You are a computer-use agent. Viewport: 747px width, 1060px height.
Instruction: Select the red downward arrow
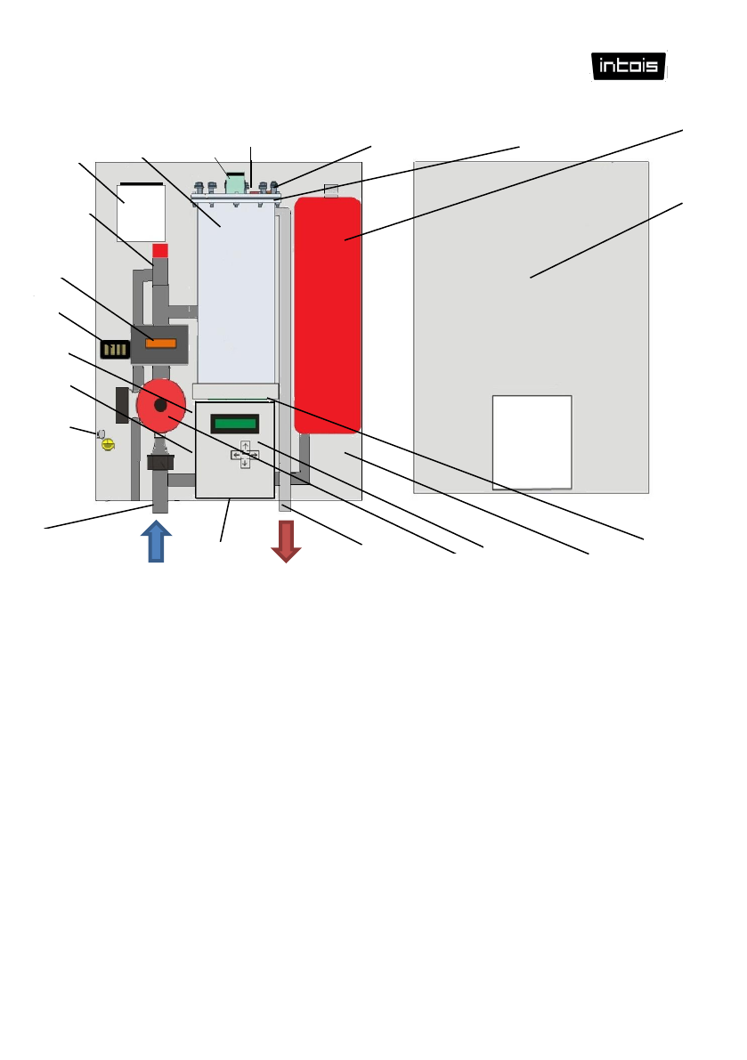pyautogui.click(x=286, y=541)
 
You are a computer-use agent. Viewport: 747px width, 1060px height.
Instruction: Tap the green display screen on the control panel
pyautogui.click(x=240, y=424)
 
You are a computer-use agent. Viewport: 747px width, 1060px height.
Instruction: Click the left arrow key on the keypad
pyautogui.click(x=236, y=455)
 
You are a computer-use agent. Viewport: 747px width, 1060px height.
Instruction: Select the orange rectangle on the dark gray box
pyautogui.click(x=160, y=340)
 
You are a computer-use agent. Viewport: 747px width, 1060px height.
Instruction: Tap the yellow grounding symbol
pyautogui.click(x=109, y=443)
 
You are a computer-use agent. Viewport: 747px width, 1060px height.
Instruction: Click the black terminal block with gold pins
pyautogui.click(x=115, y=349)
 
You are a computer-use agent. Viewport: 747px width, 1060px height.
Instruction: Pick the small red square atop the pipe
pyautogui.click(x=160, y=250)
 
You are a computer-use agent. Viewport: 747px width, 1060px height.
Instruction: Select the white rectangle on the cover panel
pyautogui.click(x=532, y=441)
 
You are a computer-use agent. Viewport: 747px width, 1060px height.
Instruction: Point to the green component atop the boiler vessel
pyautogui.click(x=237, y=184)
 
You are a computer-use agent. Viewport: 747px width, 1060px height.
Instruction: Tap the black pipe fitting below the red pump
pyautogui.click(x=159, y=463)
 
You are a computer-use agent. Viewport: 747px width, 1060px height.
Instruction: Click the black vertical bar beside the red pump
pyautogui.click(x=122, y=405)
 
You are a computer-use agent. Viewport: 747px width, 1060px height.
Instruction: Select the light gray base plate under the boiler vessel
pyautogui.click(x=236, y=391)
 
